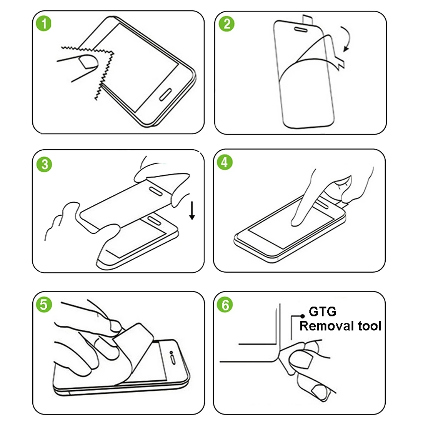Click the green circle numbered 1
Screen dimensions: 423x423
pyautogui.click(x=45, y=24)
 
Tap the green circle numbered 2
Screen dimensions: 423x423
pyautogui.click(x=226, y=24)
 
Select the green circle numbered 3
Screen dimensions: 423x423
pyautogui.click(x=45, y=164)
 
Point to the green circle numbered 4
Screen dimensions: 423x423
pyautogui.click(x=225, y=162)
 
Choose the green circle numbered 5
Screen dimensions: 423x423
pyautogui.click(x=43, y=305)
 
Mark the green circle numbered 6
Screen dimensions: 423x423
pyautogui.click(x=225, y=305)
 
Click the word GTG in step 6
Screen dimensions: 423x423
pyautogui.click(x=323, y=311)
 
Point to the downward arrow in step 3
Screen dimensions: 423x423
pyautogui.click(x=192, y=211)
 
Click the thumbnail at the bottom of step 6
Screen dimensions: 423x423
pyautogui.click(x=319, y=392)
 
